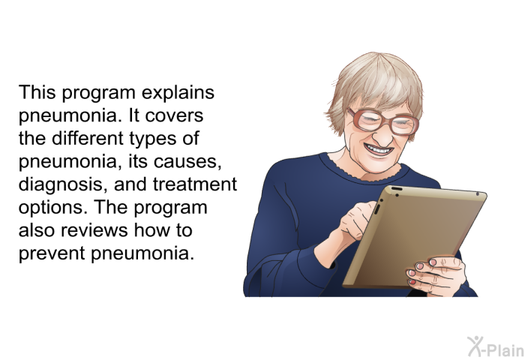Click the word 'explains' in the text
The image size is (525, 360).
click(178, 93)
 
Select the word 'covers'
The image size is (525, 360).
click(174, 115)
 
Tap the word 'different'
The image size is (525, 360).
click(88, 138)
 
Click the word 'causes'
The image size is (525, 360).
click(187, 162)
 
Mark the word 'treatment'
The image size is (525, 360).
click(195, 184)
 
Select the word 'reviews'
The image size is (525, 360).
click(95, 230)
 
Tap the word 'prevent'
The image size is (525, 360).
click(52, 253)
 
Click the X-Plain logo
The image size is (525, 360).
click(496, 346)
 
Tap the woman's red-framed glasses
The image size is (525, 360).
click(382, 121)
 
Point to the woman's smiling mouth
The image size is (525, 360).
click(379, 149)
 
